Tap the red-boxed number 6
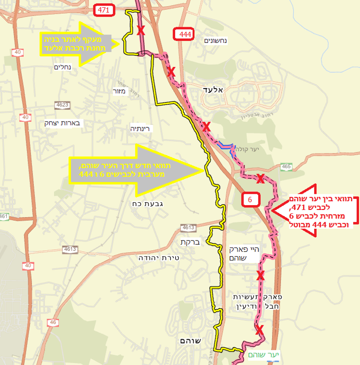(250, 199)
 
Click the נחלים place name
(63, 68)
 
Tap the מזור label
(119, 91)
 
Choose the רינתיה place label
(142, 129)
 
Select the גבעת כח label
(144, 203)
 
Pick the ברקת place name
(187, 242)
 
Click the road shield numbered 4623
(62, 104)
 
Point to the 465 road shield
(286, 167)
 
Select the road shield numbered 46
(53, 322)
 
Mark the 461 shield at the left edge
(4, 216)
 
